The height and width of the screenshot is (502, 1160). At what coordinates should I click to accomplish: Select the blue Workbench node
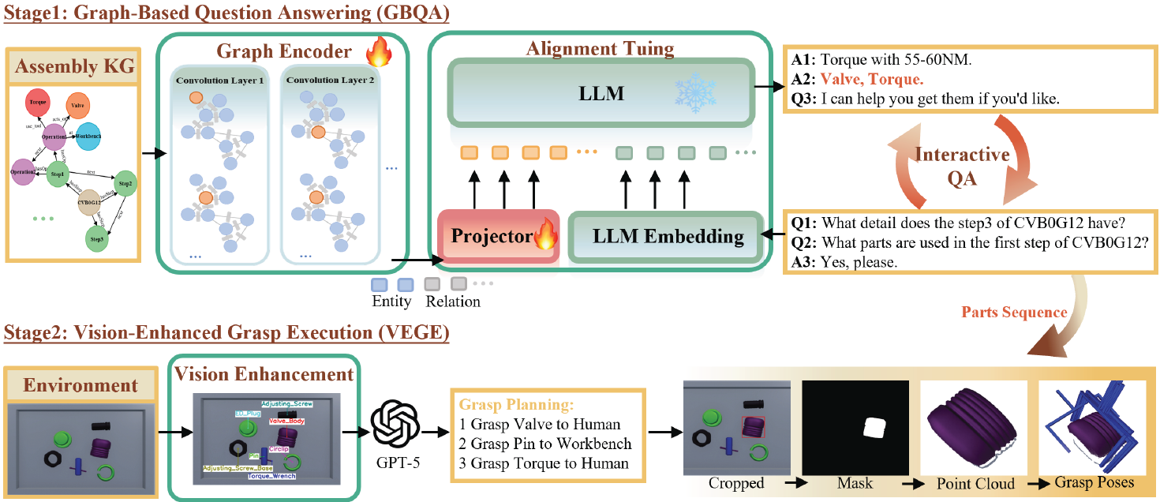point(88,137)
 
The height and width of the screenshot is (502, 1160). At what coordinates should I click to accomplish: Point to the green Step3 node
point(97,237)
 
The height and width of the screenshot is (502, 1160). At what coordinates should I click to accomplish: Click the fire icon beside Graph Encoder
point(380,54)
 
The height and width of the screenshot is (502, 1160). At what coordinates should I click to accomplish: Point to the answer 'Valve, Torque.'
point(871,79)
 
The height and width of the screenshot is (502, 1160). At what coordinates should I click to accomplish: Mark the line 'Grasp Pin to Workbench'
point(545,444)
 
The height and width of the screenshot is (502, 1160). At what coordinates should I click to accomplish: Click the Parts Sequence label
point(1014,313)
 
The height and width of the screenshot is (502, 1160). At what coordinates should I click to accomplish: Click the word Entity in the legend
point(391,301)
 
